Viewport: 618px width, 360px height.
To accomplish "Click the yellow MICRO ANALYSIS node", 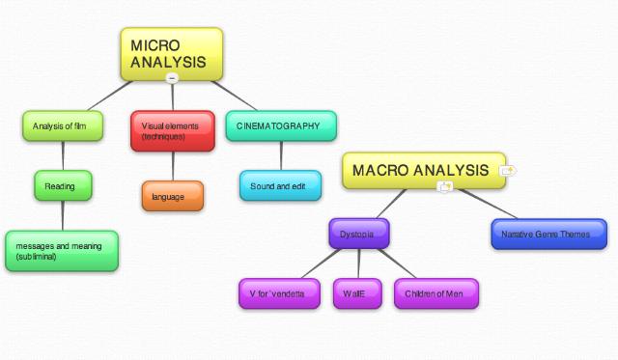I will click(172, 53).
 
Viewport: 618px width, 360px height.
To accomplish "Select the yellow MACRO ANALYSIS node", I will click(423, 171).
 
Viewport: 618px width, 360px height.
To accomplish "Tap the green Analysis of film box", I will click(62, 126).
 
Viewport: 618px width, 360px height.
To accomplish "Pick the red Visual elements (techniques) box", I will click(173, 131).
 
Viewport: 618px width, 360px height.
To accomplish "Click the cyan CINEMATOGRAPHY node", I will click(281, 126).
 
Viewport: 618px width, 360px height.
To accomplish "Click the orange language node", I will click(173, 196).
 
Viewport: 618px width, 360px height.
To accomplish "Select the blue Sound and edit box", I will click(280, 185).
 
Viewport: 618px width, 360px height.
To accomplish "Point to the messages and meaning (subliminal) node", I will click(62, 251).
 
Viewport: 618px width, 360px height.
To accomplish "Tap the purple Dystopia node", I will click(358, 234).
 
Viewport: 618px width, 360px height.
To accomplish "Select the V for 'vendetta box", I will click(278, 293).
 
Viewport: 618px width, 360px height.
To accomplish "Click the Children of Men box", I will click(435, 293).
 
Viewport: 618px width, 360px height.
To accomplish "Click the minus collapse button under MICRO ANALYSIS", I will click(172, 78).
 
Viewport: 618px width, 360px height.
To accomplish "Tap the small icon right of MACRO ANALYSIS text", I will click(507, 170).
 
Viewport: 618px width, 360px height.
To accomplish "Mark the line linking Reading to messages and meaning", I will click(63, 215).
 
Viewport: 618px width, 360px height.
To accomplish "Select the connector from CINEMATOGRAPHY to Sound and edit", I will click(281, 155).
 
